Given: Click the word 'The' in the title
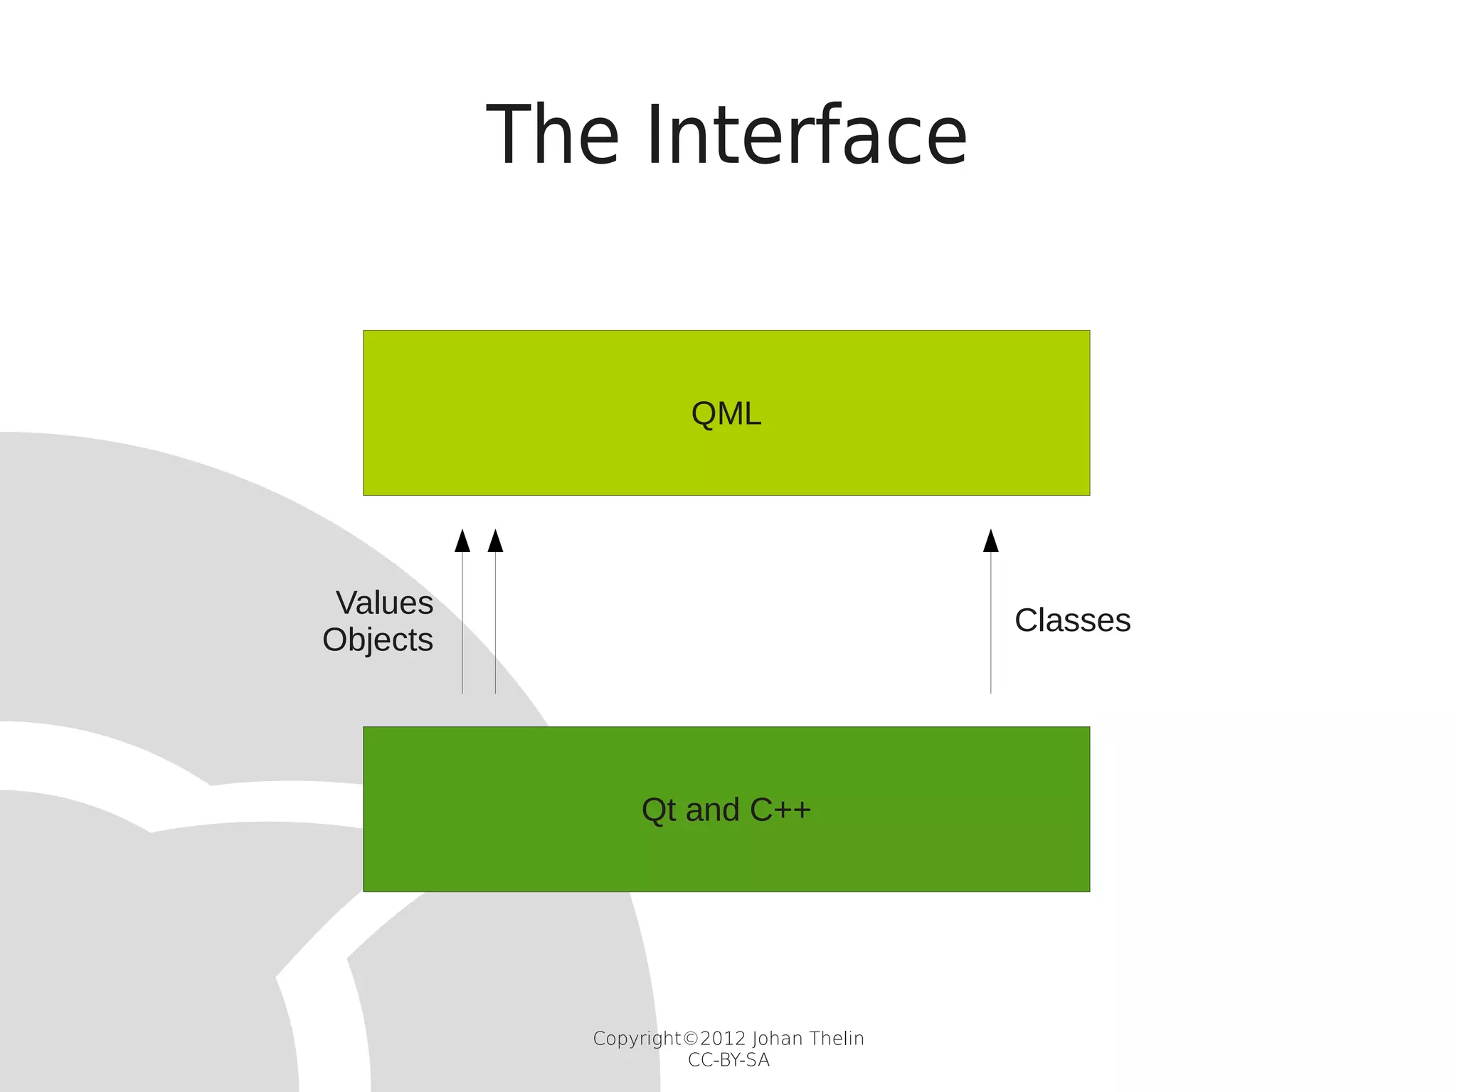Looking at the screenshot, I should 553,135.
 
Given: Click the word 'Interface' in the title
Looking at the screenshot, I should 807,135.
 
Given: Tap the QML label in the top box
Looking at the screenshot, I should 726,413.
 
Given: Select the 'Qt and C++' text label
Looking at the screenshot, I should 726,810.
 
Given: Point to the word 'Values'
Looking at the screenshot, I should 385,603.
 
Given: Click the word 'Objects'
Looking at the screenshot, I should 378,640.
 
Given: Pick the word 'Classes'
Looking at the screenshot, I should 1072,620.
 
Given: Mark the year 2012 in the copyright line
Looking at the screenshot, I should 723,1039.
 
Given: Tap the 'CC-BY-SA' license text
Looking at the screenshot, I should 728,1060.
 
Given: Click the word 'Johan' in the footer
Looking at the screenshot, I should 778,1039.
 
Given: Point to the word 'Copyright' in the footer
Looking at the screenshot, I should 637,1039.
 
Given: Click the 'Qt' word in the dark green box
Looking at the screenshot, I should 659,810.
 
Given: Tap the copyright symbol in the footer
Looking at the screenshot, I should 690,1039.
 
